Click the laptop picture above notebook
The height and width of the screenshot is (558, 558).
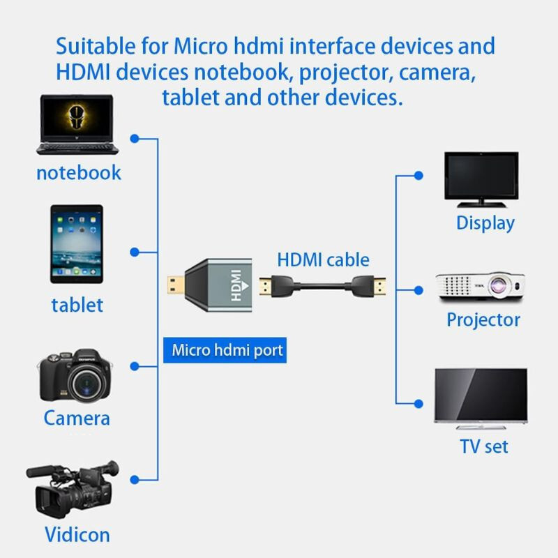click(x=78, y=125)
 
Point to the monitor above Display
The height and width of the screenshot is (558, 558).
click(x=482, y=179)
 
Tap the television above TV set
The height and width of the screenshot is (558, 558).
click(x=481, y=396)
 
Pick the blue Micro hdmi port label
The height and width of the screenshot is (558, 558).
click(x=227, y=349)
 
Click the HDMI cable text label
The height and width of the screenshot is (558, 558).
click(x=323, y=260)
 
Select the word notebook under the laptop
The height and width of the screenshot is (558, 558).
click(x=78, y=172)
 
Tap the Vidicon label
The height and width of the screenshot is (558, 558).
click(x=77, y=535)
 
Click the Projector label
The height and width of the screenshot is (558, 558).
click(x=483, y=319)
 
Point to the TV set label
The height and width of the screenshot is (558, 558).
click(x=483, y=446)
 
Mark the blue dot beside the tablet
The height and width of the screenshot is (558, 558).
click(x=135, y=251)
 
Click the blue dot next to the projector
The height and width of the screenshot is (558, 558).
click(x=418, y=289)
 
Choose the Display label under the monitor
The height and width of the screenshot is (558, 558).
click(x=485, y=223)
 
